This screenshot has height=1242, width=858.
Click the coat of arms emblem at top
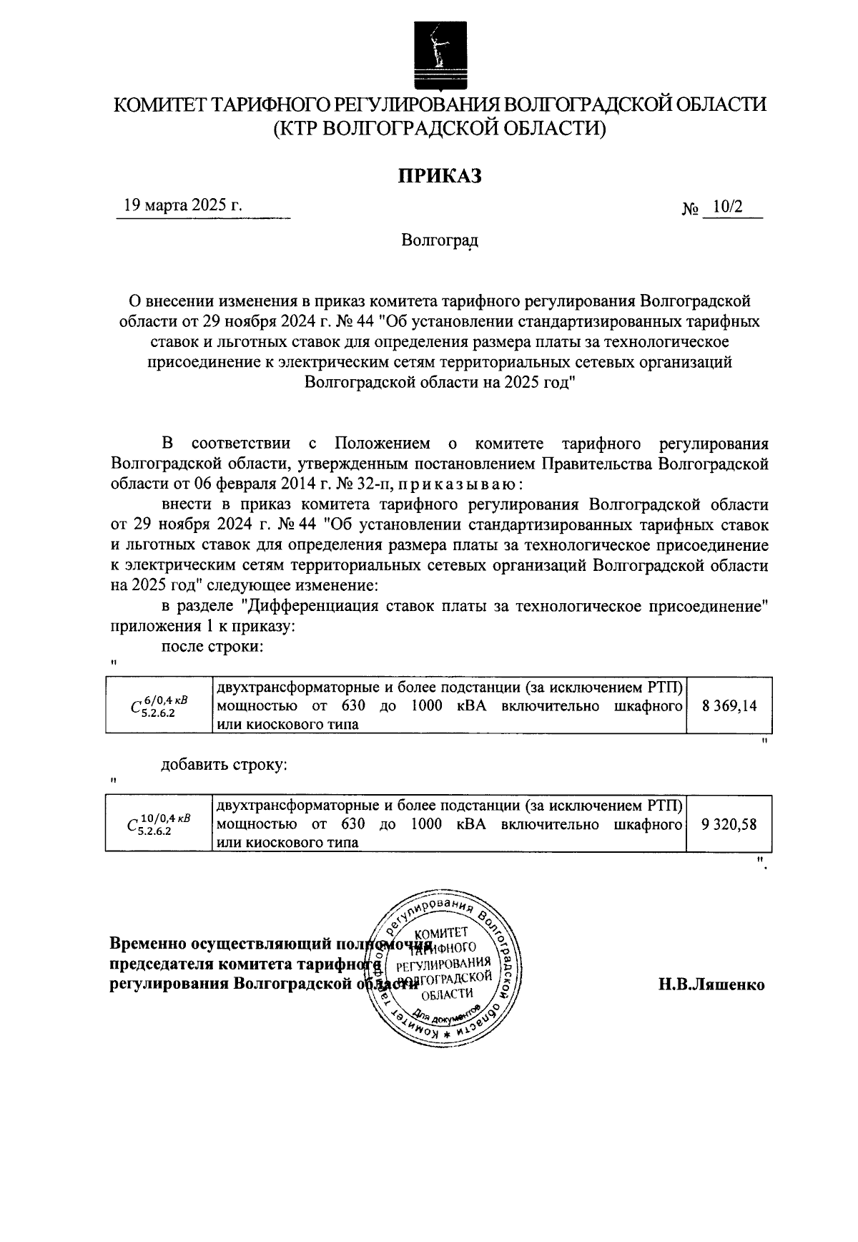click(x=440, y=53)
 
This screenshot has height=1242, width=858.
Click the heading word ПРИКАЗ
click(x=440, y=175)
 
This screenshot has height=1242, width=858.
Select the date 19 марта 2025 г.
click(x=183, y=205)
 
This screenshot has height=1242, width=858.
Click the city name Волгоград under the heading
click(x=439, y=240)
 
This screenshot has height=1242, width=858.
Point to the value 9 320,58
click(x=729, y=824)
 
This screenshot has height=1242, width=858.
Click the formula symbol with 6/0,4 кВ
click(x=159, y=705)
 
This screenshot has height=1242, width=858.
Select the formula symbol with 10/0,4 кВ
click(x=159, y=824)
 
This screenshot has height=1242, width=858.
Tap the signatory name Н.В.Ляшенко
click(x=711, y=984)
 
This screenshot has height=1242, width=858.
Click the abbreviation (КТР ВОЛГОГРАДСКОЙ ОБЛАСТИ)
click(x=439, y=129)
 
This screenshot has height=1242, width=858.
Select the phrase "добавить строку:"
click(x=225, y=764)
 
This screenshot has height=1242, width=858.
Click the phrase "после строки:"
click(x=212, y=647)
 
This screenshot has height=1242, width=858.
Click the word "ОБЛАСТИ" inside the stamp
click(x=447, y=994)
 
